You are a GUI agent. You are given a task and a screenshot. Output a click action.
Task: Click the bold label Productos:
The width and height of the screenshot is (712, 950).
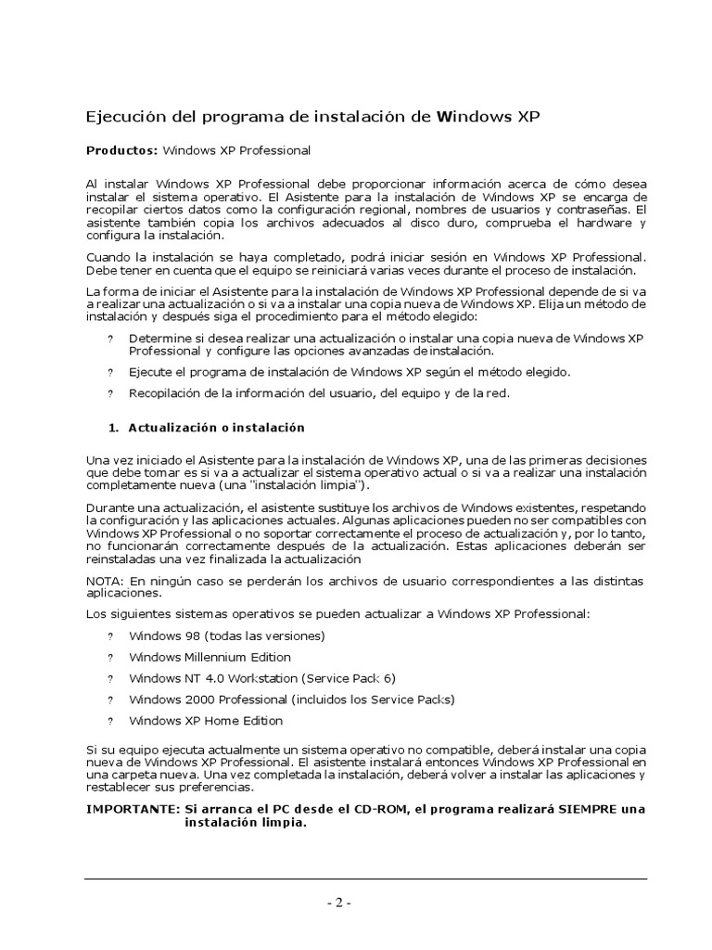click(122, 149)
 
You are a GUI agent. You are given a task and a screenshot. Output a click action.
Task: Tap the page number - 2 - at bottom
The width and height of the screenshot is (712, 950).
click(338, 904)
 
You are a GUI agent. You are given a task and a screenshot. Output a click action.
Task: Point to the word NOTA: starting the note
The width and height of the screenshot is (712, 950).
click(102, 580)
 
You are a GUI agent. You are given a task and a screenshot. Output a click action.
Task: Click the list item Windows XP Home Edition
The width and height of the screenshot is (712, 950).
click(206, 721)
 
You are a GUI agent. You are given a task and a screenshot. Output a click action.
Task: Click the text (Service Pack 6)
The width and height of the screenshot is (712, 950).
click(343, 678)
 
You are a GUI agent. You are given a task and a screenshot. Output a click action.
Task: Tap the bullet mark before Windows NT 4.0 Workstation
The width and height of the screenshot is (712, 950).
click(110, 679)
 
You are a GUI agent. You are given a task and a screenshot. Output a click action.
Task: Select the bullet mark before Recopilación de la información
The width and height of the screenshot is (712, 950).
click(110, 393)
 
